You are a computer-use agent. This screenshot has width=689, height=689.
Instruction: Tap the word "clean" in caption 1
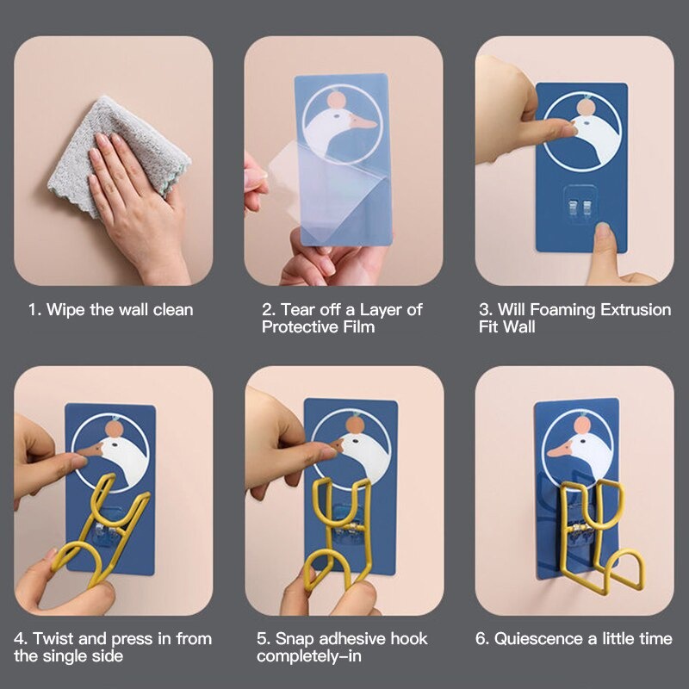click(173, 310)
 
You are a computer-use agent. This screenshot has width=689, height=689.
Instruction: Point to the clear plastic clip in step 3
click(580, 205)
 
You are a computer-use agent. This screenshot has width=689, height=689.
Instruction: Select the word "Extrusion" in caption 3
click(636, 310)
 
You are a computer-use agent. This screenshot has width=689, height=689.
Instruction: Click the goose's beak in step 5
click(337, 445)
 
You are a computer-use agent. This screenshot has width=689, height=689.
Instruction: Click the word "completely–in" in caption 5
click(309, 656)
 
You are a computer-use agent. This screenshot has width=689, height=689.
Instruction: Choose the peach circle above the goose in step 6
click(582, 425)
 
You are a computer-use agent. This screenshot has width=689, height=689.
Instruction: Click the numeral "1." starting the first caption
click(35, 310)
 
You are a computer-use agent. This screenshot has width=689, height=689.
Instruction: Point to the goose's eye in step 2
click(337, 116)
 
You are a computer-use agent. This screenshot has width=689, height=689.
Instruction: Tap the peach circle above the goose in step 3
click(585, 107)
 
